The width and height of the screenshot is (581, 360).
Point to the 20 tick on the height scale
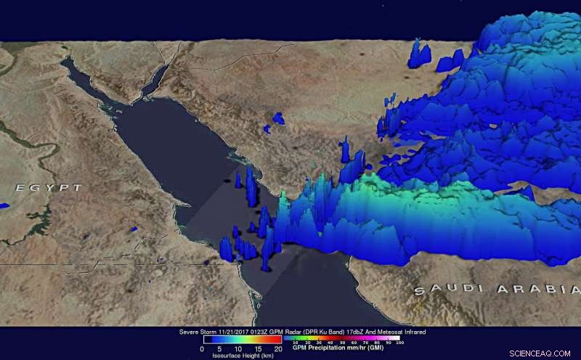pyautogui.click(x=278, y=348)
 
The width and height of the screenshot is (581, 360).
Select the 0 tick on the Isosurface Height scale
pyautogui.click(x=201, y=348)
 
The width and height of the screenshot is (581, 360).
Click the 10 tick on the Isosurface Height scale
pyautogui.click(x=240, y=348)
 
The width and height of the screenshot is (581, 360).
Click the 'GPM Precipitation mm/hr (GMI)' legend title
pyautogui.click(x=338, y=348)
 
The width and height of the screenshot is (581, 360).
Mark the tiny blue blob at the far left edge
pyautogui.click(x=4, y=206)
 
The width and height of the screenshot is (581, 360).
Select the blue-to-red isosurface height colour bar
pyautogui.click(x=240, y=339)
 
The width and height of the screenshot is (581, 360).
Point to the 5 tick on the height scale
pyautogui.click(x=221, y=348)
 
